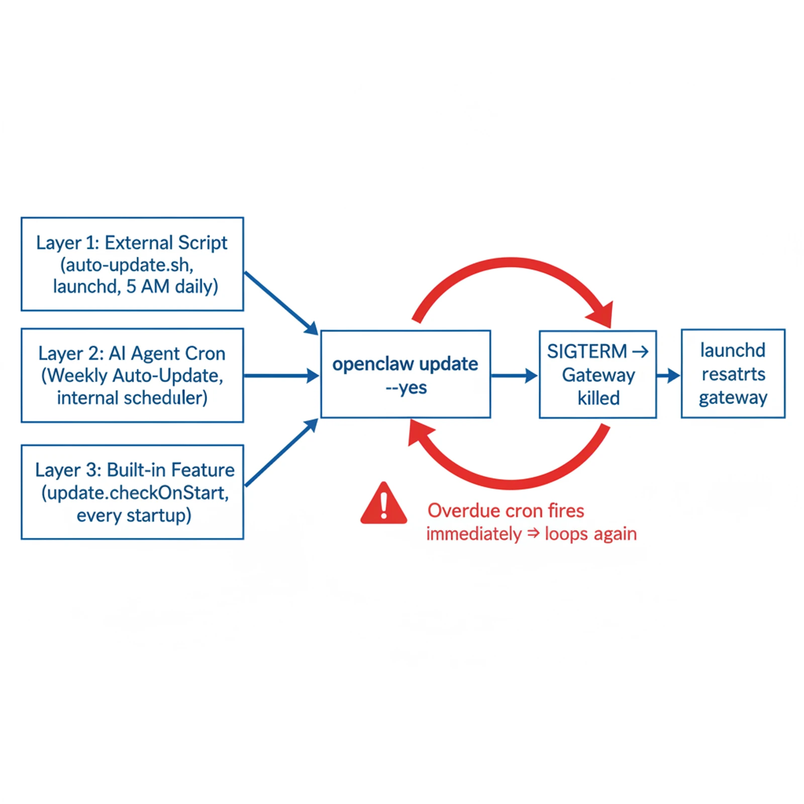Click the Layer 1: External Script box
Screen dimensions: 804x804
(132, 264)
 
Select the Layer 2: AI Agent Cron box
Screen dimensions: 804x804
(132, 375)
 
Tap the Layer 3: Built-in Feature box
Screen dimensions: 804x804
(132, 492)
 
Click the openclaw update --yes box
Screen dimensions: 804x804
(406, 374)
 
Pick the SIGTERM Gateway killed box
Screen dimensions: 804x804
(597, 374)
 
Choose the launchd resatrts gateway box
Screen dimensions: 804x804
(733, 373)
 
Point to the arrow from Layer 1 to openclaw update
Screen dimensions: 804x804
(281, 303)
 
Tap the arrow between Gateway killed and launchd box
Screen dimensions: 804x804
(668, 375)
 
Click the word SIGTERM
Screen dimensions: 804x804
(586, 351)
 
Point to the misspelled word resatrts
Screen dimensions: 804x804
(733, 374)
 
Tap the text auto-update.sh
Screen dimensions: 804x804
(127, 265)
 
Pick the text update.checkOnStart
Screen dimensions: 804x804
(135, 493)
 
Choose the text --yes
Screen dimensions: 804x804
(406, 388)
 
